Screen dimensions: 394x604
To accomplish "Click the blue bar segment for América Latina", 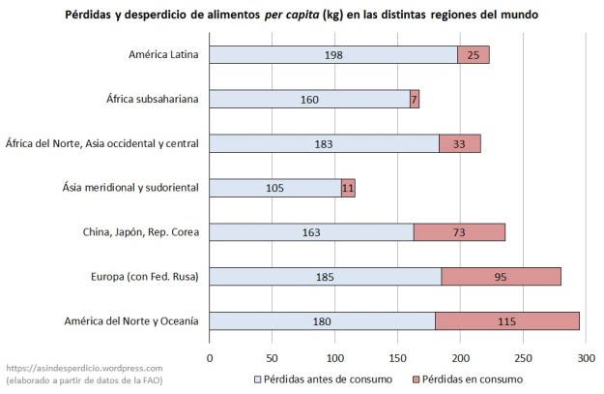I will pos(333,55).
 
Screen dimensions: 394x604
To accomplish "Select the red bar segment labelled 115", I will pos(507,321).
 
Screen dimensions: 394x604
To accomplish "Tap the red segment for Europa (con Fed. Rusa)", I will pos(501,277).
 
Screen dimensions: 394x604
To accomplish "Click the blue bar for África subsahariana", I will pos(309,99).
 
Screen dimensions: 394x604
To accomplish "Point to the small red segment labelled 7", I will pos(414,99).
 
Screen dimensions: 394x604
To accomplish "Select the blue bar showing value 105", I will pos(274,188).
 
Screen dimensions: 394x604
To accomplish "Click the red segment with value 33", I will pos(459,143).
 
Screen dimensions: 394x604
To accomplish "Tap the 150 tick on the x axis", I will pos(397,357).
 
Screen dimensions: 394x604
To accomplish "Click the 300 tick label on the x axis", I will pos(585,357).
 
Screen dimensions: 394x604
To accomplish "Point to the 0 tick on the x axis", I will pos(210,357).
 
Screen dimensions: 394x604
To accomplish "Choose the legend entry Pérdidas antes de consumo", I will pos(324,379).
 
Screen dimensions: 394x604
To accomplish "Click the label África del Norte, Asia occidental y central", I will pos(102,143).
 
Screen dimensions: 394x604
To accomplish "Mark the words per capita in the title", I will pos(304,15).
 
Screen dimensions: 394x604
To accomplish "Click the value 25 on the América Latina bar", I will pos(474,55).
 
